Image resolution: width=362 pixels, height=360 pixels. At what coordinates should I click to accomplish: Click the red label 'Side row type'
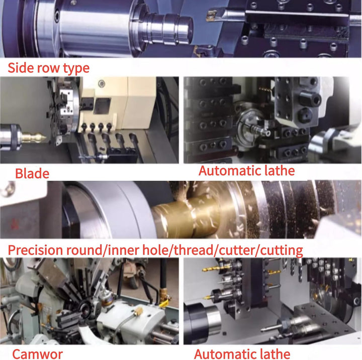48,68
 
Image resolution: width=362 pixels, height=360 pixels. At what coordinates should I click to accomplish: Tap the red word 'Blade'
32,173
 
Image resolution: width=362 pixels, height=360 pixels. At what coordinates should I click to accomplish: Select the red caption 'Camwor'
37,354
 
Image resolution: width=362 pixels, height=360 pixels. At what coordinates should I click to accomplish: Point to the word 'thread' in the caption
194,250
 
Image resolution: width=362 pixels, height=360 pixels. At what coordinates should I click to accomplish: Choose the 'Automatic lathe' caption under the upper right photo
246,171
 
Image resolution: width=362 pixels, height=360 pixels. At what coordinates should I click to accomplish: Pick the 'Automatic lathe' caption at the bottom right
242,354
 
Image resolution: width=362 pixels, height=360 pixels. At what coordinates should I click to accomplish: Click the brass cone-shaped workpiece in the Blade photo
34,138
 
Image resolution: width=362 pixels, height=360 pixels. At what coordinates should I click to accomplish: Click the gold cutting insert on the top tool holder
211,16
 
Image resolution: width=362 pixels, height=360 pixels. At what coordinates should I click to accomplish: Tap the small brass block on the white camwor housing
138,312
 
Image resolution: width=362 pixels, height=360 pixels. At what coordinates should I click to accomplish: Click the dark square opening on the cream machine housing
102,106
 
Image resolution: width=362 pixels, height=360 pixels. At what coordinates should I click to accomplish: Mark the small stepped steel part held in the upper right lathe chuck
260,130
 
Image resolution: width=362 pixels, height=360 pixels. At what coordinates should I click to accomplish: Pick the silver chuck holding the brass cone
11,137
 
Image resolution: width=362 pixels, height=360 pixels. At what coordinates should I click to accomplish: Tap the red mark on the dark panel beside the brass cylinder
14,224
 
